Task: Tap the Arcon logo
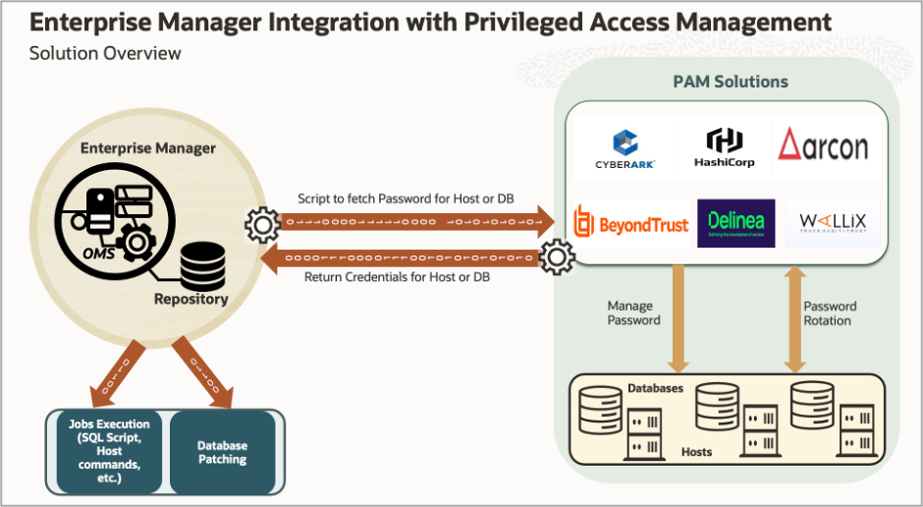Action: coord(823,145)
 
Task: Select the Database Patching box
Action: coord(222,452)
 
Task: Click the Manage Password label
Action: coord(633,313)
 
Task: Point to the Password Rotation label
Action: coord(830,313)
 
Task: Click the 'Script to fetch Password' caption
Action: coord(406,198)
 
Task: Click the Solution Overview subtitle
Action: coord(105,53)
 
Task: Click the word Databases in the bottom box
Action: coord(655,389)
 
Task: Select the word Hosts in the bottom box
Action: coord(696,452)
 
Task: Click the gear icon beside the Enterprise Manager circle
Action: coord(262,226)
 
